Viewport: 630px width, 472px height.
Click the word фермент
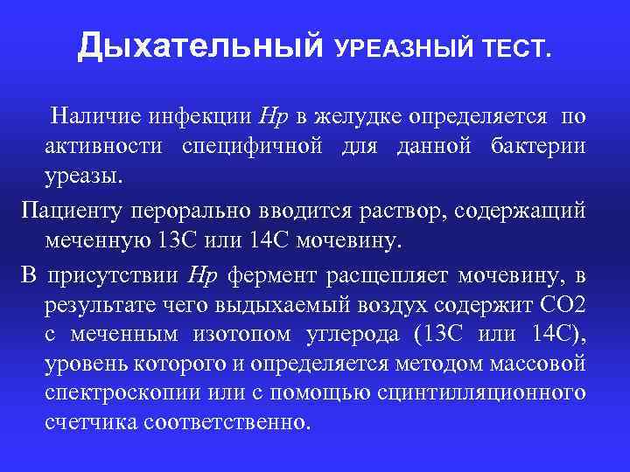point(273,277)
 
